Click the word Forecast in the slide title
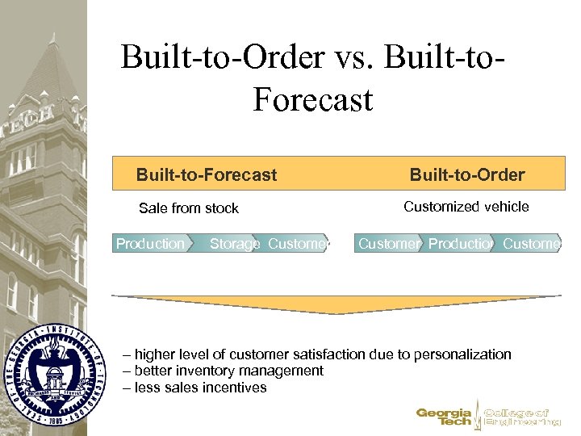(x=312, y=100)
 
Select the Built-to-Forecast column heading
(x=207, y=174)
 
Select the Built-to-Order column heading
(x=467, y=174)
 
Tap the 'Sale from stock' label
(x=189, y=208)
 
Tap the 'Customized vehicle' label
(x=466, y=207)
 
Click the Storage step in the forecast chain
(x=234, y=243)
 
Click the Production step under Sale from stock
(x=150, y=243)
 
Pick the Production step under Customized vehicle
(x=460, y=243)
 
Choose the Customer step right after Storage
(x=299, y=243)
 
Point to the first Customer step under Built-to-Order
(x=388, y=243)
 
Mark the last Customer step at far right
(x=532, y=243)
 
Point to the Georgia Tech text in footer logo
(x=444, y=417)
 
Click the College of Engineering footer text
(x=521, y=417)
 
